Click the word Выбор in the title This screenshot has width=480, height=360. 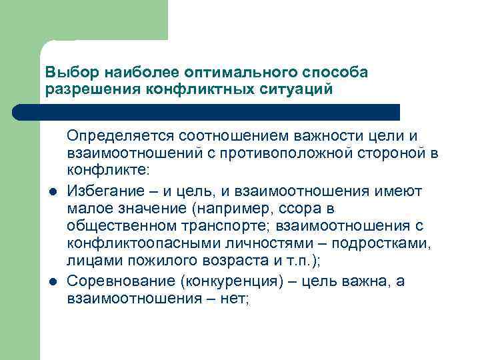(x=65, y=71)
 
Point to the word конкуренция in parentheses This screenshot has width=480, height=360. (x=224, y=281)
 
